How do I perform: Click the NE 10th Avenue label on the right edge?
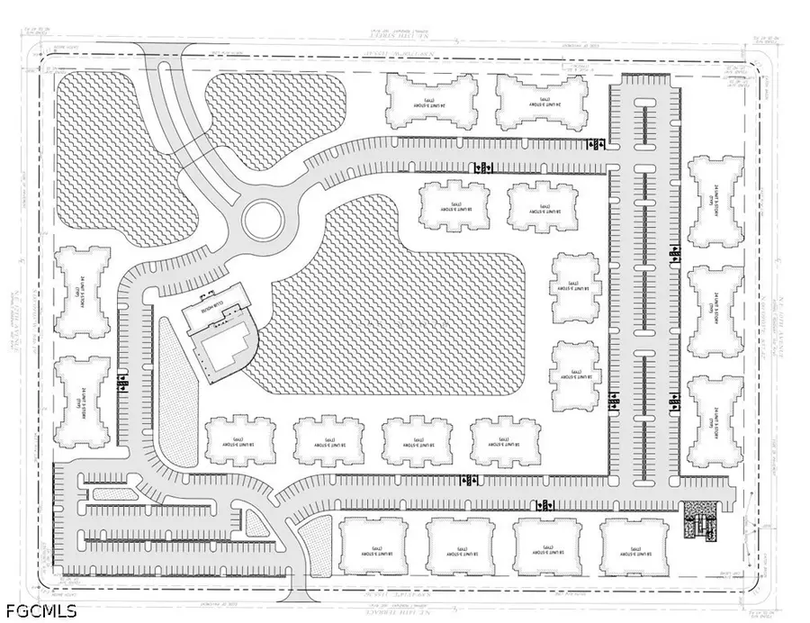pos(781,311)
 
